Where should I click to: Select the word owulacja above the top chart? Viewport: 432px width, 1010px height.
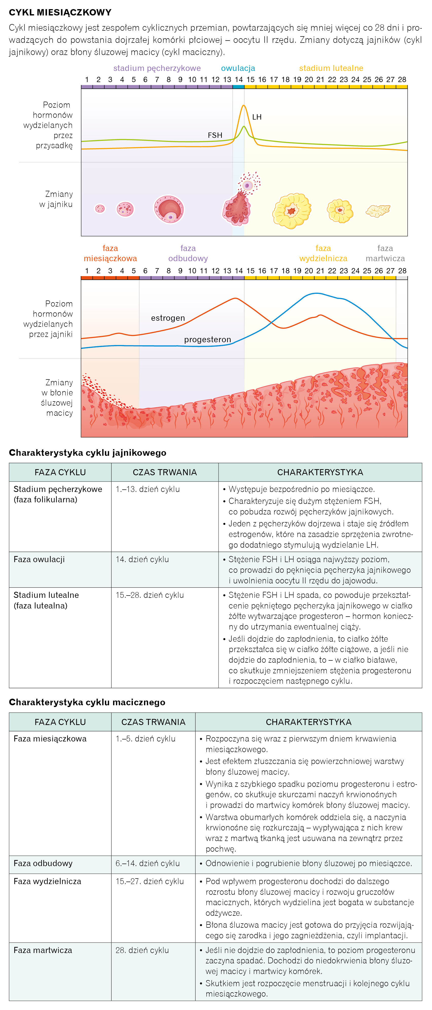[x=238, y=68]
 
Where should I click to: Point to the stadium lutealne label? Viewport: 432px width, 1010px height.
[x=331, y=68]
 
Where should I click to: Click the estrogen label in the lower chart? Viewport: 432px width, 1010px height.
[x=168, y=318]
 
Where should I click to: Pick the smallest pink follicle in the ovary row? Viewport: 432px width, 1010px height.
[x=100, y=208]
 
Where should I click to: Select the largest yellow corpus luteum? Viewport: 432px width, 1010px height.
[x=292, y=211]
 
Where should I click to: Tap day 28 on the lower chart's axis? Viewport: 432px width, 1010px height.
[x=402, y=271]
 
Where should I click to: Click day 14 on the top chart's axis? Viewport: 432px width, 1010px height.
[x=239, y=80]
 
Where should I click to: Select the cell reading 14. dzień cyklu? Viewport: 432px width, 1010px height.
[x=142, y=560]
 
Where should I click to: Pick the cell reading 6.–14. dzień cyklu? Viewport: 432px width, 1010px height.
[x=148, y=863]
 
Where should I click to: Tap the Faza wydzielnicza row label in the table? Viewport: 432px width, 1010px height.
[x=47, y=881]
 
